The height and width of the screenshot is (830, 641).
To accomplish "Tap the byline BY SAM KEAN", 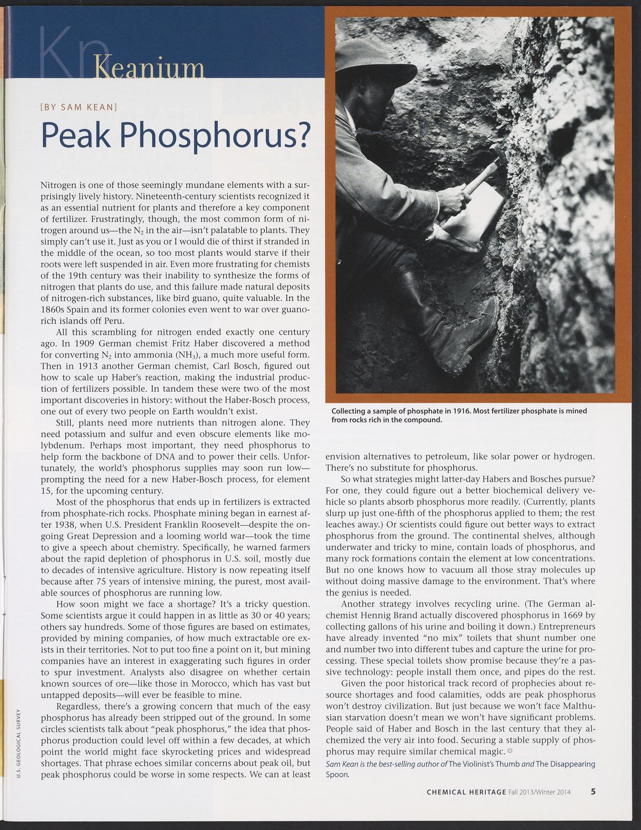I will point(79,106).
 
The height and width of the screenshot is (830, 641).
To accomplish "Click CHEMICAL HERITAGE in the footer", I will point(466,792).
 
